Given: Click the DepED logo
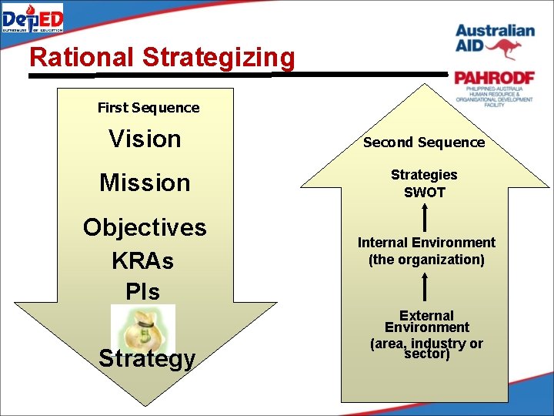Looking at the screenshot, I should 33,17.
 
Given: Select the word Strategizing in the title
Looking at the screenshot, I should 219,58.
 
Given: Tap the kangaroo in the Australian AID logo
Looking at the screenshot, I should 508,48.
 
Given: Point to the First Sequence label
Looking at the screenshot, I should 148,108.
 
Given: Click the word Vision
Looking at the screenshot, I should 145,139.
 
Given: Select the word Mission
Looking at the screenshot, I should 145,183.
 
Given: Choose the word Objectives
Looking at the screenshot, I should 145,227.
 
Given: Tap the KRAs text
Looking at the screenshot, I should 143,260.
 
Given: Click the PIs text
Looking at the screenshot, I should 143,292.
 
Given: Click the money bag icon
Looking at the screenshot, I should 143,327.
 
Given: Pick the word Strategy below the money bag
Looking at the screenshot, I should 146,359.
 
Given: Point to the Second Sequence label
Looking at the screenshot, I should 424,143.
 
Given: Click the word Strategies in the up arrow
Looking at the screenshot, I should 424,175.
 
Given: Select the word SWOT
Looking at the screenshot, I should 424,193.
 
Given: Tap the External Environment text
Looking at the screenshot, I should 426,322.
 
